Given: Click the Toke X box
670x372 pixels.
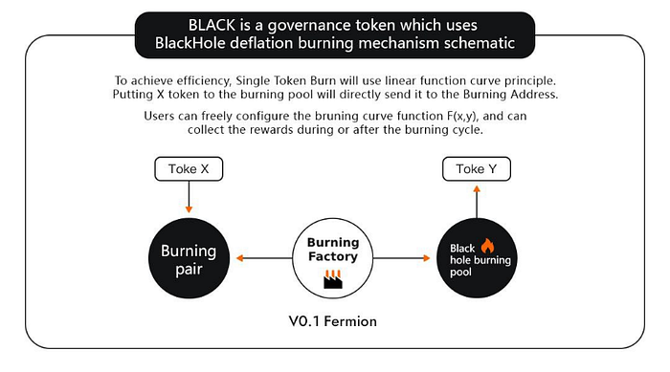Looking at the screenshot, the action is point(189,169).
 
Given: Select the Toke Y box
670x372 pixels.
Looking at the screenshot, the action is point(477,169).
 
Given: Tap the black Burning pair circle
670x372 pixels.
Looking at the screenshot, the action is point(189,258).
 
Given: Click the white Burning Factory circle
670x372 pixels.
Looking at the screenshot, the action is point(332,258).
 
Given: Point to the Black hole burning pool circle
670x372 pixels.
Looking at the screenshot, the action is point(477,258).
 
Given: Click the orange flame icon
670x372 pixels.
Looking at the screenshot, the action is point(487,246).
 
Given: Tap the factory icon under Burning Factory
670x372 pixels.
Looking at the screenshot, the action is point(333,279).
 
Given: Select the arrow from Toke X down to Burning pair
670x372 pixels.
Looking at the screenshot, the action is point(189,197).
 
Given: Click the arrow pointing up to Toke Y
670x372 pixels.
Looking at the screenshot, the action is point(477,202).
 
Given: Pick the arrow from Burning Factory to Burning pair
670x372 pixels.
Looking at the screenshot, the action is point(264,258).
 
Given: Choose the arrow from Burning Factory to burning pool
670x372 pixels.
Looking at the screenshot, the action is point(402,258).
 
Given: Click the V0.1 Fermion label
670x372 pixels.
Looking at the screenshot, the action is point(333,321).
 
